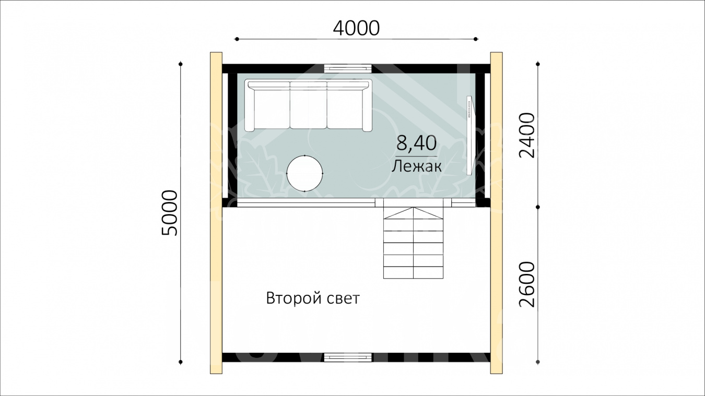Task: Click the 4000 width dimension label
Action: click(356, 28)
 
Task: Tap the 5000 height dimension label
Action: click(170, 213)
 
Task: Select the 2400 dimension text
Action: click(527, 135)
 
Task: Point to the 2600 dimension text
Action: click(527, 284)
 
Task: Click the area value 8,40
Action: click(416, 142)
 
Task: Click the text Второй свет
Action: click(313, 298)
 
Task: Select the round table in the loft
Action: click(304, 173)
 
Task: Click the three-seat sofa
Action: click(309, 105)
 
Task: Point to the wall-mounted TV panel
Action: click(470, 135)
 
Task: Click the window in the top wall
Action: click(348, 68)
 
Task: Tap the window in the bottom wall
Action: click(348, 357)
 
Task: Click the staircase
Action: click(413, 238)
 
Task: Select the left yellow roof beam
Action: click(216, 213)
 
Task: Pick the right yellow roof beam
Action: click(496, 213)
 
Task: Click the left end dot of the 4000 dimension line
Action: click(237, 39)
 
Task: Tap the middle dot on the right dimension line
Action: click(537, 207)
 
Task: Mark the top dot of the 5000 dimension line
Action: click(181, 64)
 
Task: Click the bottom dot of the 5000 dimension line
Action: click(181, 362)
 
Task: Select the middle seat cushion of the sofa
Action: click(309, 109)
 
